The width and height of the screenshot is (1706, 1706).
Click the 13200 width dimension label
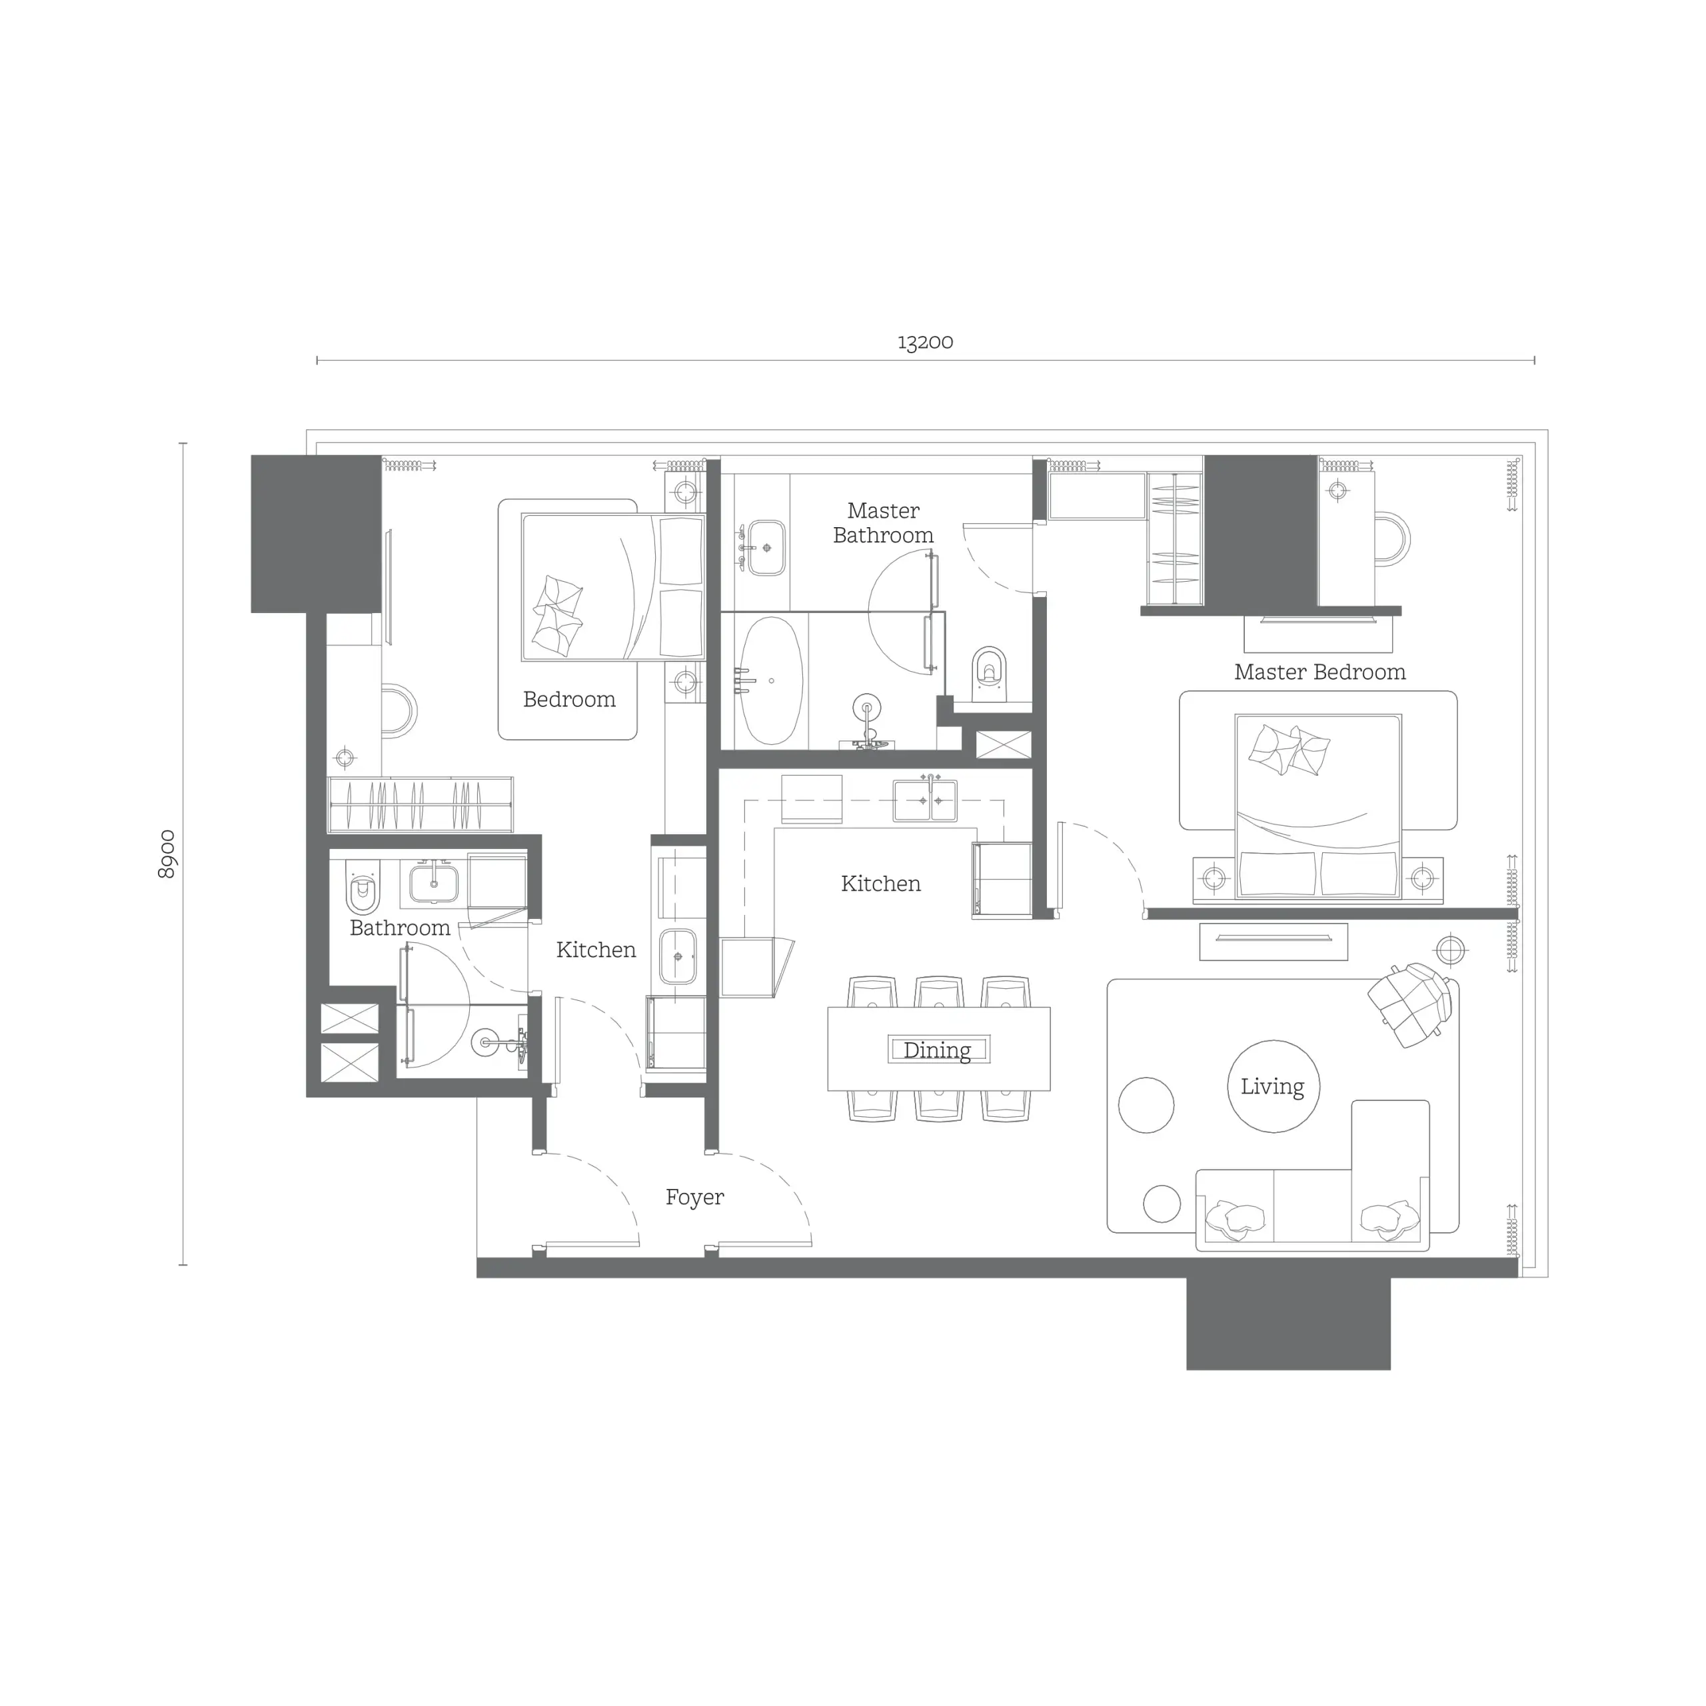point(924,343)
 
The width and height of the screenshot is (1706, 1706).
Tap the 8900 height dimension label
point(166,854)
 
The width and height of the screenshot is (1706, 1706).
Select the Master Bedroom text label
point(1319,672)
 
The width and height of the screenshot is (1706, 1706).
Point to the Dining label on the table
point(937,1050)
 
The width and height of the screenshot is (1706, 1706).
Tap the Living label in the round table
point(1272,1086)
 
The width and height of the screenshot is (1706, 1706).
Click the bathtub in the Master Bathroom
point(771,681)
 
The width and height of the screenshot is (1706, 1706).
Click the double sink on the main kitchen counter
point(924,800)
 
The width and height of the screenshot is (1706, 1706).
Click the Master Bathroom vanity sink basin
point(766,548)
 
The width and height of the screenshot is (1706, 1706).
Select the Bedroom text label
point(568,699)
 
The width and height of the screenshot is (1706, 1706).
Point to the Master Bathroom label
point(883,522)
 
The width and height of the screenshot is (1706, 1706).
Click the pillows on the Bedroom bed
point(557,616)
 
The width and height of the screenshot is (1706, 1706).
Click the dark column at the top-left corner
point(315,533)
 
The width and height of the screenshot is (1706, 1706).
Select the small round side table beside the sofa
point(1161,1203)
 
